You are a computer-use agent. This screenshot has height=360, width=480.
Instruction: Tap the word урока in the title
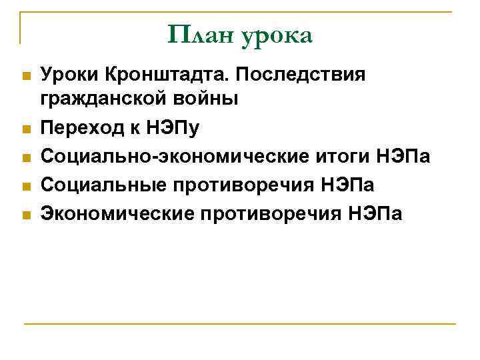(277, 35)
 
